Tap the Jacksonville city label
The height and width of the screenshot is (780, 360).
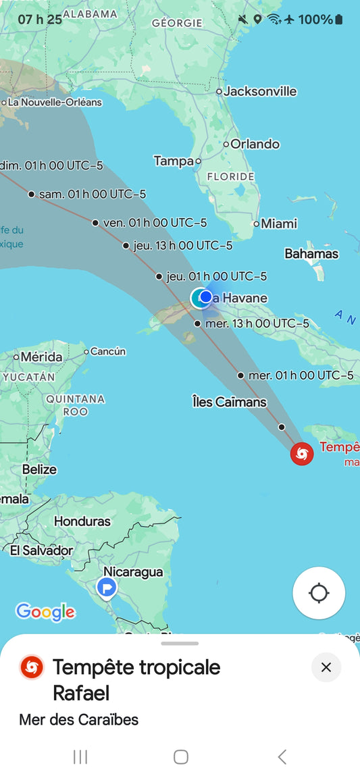click(260, 91)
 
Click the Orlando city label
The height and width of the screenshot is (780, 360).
click(255, 144)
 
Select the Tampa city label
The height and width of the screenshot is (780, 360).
click(174, 161)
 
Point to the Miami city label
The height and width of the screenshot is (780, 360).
click(278, 224)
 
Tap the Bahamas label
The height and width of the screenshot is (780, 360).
click(311, 254)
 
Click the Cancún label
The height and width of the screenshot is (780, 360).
click(108, 351)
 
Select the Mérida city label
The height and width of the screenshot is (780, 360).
click(41, 357)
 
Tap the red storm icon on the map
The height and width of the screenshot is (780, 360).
click(301, 453)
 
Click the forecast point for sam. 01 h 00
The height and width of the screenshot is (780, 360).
click(31, 194)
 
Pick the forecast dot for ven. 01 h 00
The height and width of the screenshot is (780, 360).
click(95, 223)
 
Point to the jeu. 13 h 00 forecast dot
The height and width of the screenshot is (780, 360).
click(126, 246)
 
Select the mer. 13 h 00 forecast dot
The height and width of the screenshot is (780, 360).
click(197, 323)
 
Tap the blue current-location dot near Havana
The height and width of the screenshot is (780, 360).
click(206, 296)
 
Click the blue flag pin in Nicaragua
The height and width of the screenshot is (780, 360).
click(107, 588)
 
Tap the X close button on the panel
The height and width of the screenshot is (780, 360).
click(326, 667)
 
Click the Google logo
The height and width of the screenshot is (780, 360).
click(45, 612)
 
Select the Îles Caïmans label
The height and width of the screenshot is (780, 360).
click(229, 402)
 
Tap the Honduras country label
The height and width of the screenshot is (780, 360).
click(82, 521)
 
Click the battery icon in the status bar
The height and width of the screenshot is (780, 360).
click(338, 20)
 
